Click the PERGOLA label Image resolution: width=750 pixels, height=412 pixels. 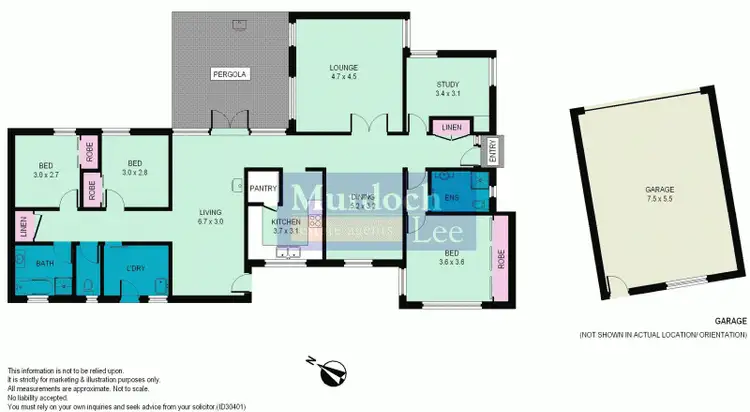[x=229, y=74]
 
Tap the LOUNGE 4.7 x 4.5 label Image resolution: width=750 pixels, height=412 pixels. [x=344, y=72]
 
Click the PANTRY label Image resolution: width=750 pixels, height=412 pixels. [x=263, y=187]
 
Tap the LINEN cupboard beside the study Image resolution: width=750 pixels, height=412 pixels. [x=445, y=126]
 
